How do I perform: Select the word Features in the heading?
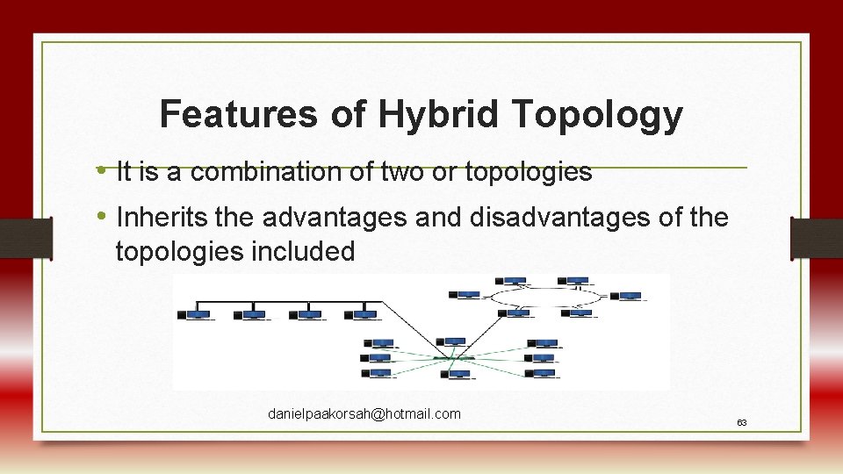240,114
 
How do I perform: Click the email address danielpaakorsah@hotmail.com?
364,413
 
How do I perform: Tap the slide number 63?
741,423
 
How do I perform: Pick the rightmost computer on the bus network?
363,314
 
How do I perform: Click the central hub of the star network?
453,357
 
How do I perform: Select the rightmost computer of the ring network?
628,298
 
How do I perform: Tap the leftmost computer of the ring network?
467,297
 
